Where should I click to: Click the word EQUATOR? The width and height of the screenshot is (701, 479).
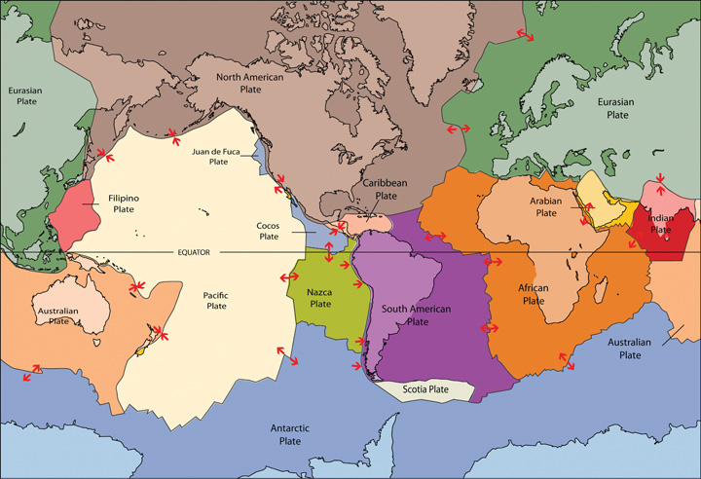coord(194,252)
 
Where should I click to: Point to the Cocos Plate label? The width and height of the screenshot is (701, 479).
coord(268,230)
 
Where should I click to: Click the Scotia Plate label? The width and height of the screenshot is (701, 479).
coord(425,389)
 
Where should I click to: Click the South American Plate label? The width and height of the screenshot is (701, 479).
coord(418,314)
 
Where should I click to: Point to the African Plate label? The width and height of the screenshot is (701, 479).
coord(534,294)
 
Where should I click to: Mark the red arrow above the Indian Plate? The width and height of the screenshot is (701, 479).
coord(661,178)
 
